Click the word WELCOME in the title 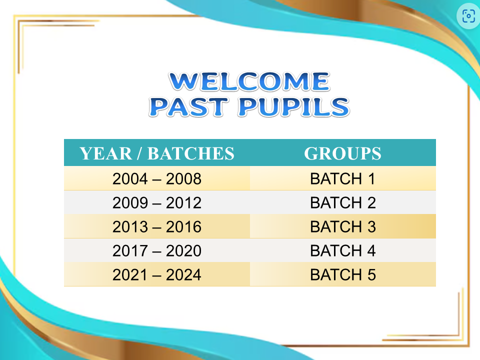click(x=249, y=81)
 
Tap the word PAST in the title click(x=189, y=107)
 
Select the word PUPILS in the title click(x=294, y=107)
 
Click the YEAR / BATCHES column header click(x=157, y=153)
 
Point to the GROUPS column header click(x=343, y=153)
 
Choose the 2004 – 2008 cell click(x=157, y=179)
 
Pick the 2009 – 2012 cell click(x=157, y=202)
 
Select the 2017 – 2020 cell click(x=157, y=250)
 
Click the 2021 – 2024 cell click(x=157, y=275)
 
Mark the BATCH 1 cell click(x=343, y=179)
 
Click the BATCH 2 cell click(x=343, y=202)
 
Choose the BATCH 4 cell click(x=343, y=250)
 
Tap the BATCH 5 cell click(x=343, y=275)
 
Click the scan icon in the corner click(x=468, y=16)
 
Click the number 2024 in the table click(x=183, y=275)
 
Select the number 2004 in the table click(x=130, y=179)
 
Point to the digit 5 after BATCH click(x=371, y=275)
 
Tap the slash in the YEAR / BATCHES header click(x=140, y=153)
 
